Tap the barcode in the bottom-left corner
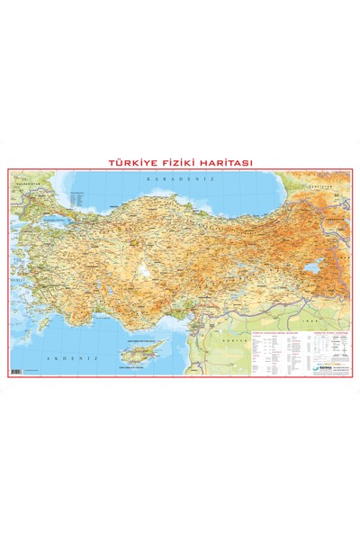15,370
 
